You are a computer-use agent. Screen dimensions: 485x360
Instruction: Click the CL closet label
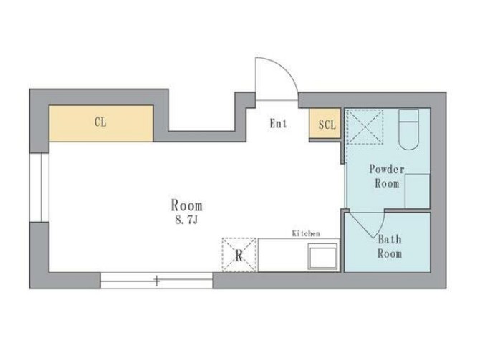[100, 122]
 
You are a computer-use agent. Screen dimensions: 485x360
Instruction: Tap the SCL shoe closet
[325, 124]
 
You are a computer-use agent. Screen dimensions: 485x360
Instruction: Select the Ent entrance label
[278, 124]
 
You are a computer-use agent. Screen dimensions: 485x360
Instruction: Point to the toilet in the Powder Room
[408, 129]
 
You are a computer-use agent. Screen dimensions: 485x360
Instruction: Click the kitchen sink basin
[322, 256]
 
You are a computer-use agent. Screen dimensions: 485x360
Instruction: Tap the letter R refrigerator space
[239, 256]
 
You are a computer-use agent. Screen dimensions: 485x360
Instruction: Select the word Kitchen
[306, 233]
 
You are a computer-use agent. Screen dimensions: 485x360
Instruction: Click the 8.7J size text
[186, 220]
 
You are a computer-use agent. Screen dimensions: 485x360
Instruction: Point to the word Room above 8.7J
[187, 205]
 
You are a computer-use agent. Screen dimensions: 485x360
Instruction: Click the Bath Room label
[390, 247]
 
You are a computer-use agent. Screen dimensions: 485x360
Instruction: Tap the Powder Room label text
[387, 176]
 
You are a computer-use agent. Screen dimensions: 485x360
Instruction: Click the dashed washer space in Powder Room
[365, 127]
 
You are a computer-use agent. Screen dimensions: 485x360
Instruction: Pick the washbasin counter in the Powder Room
[417, 191]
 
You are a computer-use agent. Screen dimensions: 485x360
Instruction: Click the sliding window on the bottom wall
[156, 281]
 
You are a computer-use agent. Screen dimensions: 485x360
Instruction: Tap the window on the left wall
[39, 188]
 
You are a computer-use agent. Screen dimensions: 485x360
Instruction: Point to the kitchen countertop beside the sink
[283, 255]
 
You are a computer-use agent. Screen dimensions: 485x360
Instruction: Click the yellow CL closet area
[101, 123]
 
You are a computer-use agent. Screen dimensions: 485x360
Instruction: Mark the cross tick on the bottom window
[157, 281]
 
